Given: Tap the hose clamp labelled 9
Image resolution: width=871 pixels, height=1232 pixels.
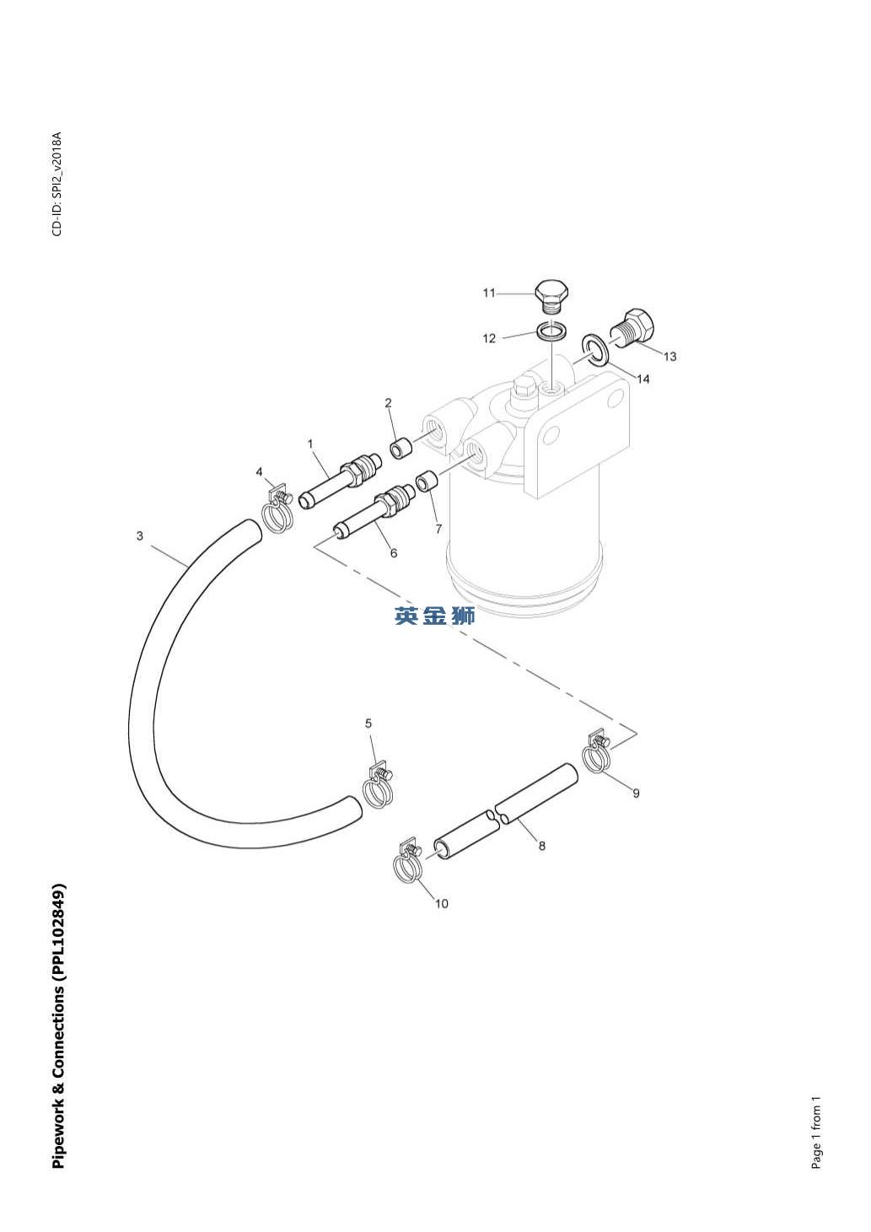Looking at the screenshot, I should coord(597,753).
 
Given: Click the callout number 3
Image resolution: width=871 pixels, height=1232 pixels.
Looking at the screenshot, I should coord(140,535).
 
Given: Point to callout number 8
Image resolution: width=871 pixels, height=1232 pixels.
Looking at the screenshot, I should coord(541,845).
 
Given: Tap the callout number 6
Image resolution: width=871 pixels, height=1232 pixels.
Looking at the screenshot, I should coord(393,553).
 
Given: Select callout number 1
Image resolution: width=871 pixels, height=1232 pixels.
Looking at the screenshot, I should coord(310,444).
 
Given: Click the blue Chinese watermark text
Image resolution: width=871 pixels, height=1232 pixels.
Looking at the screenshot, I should coord(435,616).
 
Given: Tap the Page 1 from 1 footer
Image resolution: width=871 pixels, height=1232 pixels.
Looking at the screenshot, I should coord(815,1133).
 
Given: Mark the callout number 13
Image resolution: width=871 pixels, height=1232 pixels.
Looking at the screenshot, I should coord(669,357).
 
